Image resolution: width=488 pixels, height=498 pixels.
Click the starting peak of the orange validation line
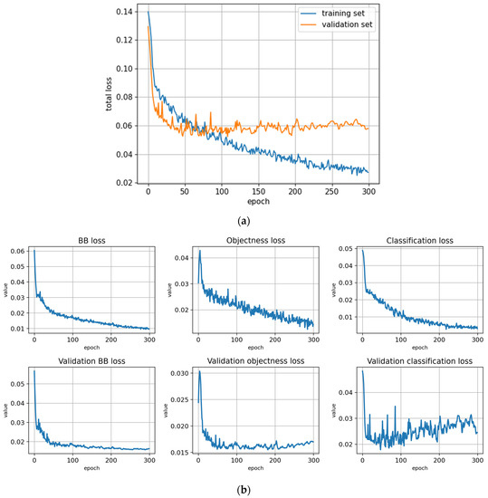click(149, 25)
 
